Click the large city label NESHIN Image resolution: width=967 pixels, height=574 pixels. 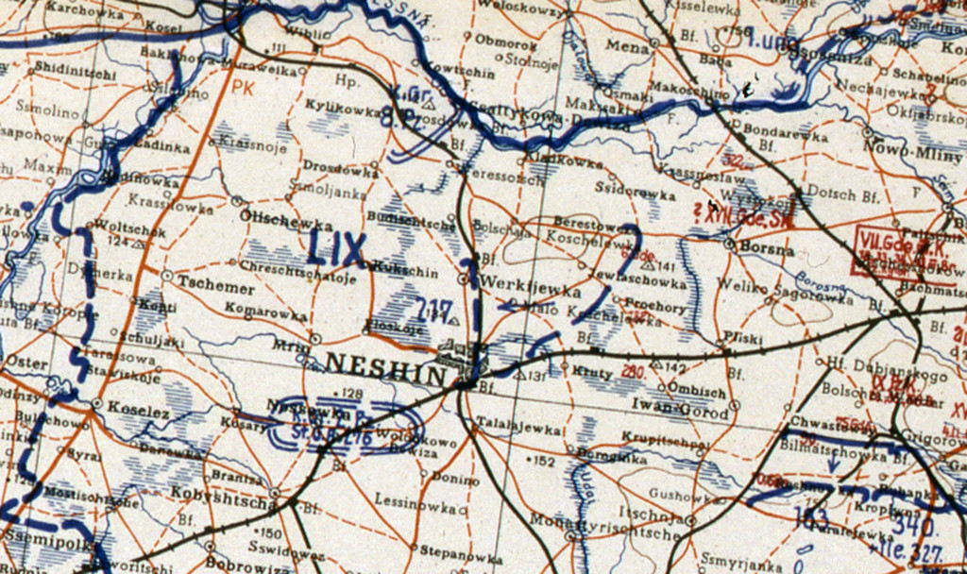(x=385, y=363)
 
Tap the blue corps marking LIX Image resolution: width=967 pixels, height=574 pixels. (x=337, y=249)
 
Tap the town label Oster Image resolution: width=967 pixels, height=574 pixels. (x=20, y=363)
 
